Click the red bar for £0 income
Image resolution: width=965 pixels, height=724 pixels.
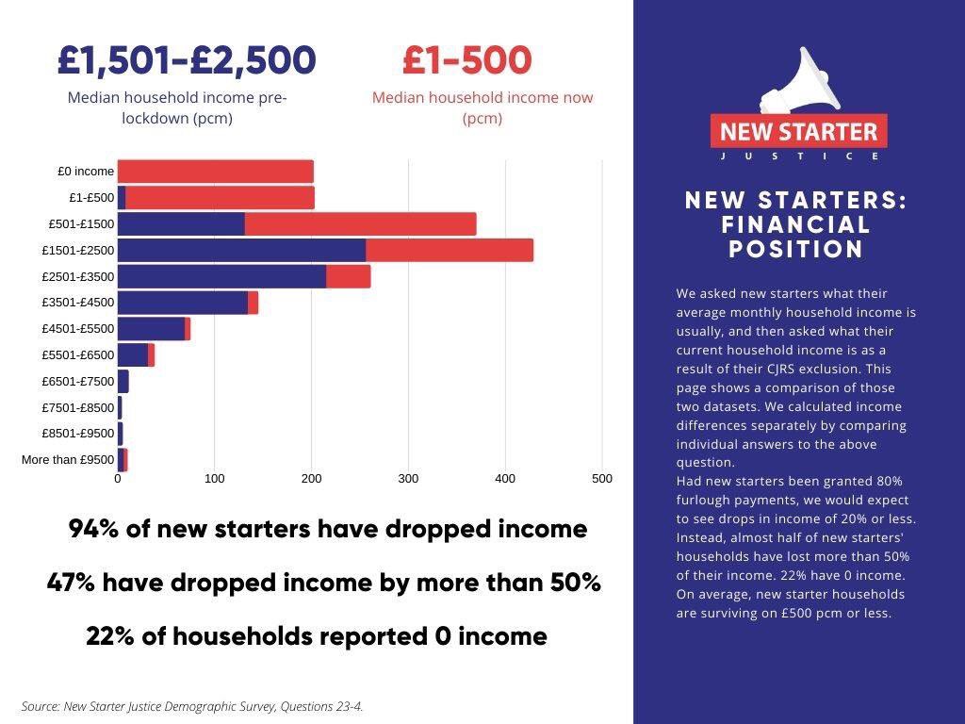pyautogui.click(x=216, y=172)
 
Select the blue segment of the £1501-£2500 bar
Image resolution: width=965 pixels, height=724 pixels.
pyautogui.click(x=241, y=250)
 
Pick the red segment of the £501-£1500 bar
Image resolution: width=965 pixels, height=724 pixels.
pyautogui.click(x=360, y=223)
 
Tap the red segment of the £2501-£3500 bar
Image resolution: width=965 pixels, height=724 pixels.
pyautogui.click(x=348, y=276)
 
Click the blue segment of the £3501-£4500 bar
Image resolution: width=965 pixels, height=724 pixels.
pyautogui.click(x=183, y=303)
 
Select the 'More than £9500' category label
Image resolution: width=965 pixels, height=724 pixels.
pyautogui.click(x=68, y=460)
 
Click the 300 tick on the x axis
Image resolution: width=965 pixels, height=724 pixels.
pyautogui.click(x=408, y=479)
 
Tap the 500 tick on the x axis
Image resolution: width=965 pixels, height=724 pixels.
pyautogui.click(x=601, y=479)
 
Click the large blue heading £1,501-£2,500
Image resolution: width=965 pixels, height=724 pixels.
pyautogui.click(x=187, y=60)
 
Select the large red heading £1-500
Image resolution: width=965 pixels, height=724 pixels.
pyautogui.click(x=467, y=60)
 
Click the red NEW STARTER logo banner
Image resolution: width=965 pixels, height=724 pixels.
pyautogui.click(x=798, y=132)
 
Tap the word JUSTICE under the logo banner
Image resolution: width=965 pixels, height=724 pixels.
pyautogui.click(x=798, y=156)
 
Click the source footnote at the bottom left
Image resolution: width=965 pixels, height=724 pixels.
pyautogui.click(x=192, y=706)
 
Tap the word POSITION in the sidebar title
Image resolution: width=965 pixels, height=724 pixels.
pyautogui.click(x=796, y=249)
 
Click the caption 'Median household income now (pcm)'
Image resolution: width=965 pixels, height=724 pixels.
pyautogui.click(x=482, y=107)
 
